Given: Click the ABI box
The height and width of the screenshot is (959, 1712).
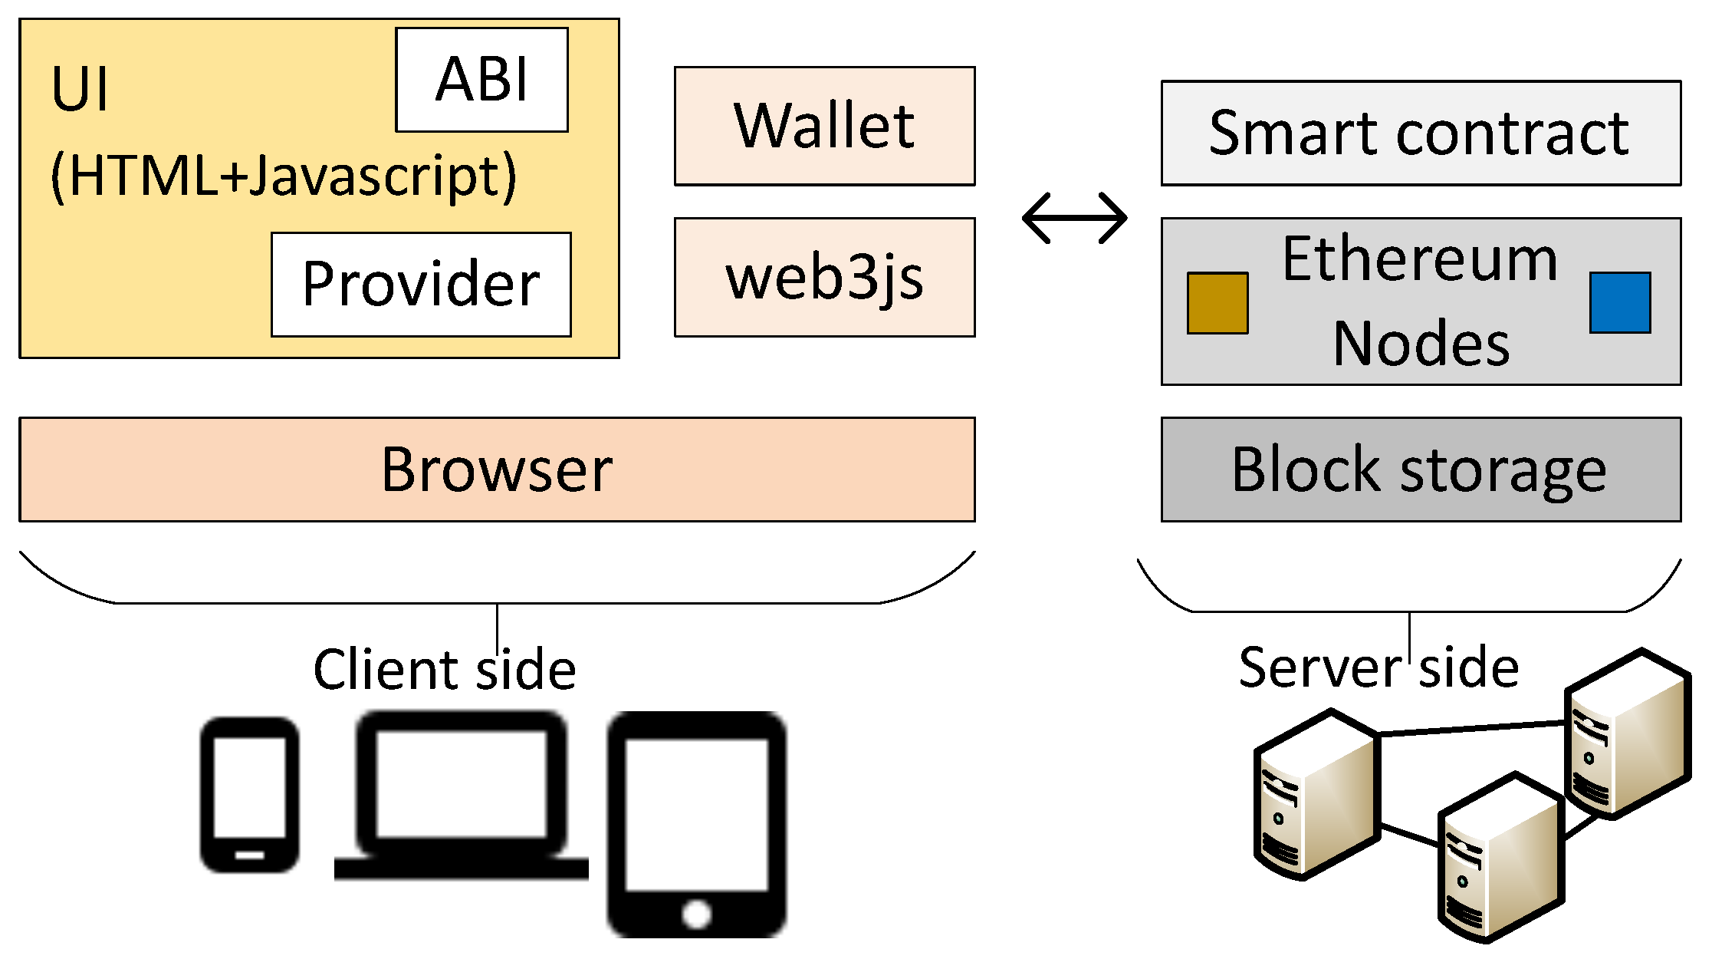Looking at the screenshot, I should pyautogui.click(x=481, y=80).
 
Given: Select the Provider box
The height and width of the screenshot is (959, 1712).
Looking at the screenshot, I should pyautogui.click(x=421, y=284).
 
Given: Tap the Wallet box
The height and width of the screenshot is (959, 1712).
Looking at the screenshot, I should pyautogui.click(x=824, y=126).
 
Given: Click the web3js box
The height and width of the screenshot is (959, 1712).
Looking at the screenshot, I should pyautogui.click(x=824, y=277).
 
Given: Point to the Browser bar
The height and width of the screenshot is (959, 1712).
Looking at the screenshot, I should pyautogui.click(x=497, y=470).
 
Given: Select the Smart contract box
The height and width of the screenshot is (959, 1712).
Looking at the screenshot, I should pyautogui.click(x=1420, y=133).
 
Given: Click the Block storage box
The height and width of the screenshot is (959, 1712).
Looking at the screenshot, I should pyautogui.click(x=1420, y=470).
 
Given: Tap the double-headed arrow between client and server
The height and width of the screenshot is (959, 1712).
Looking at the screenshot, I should pyautogui.click(x=1074, y=218).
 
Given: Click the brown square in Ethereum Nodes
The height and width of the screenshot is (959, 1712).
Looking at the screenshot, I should pyautogui.click(x=1217, y=302).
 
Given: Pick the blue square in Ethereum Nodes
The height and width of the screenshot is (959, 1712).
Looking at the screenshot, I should pyautogui.click(x=1619, y=302).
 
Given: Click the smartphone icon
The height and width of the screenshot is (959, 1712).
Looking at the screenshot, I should pyautogui.click(x=249, y=794).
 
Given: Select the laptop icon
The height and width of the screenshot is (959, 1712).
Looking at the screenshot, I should pyautogui.click(x=462, y=794).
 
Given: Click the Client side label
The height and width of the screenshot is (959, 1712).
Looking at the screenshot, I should pyautogui.click(x=445, y=669).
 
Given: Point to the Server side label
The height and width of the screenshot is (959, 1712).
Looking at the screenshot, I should pyautogui.click(x=1378, y=667).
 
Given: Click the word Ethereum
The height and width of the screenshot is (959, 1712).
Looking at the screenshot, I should pyautogui.click(x=1420, y=259).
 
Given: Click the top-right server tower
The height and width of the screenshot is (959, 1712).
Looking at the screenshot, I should pyautogui.click(x=1627, y=733).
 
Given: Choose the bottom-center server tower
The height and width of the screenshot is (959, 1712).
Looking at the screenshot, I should pyautogui.click(x=1500, y=858).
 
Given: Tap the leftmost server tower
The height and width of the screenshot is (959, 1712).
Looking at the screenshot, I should pyautogui.click(x=1316, y=794).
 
